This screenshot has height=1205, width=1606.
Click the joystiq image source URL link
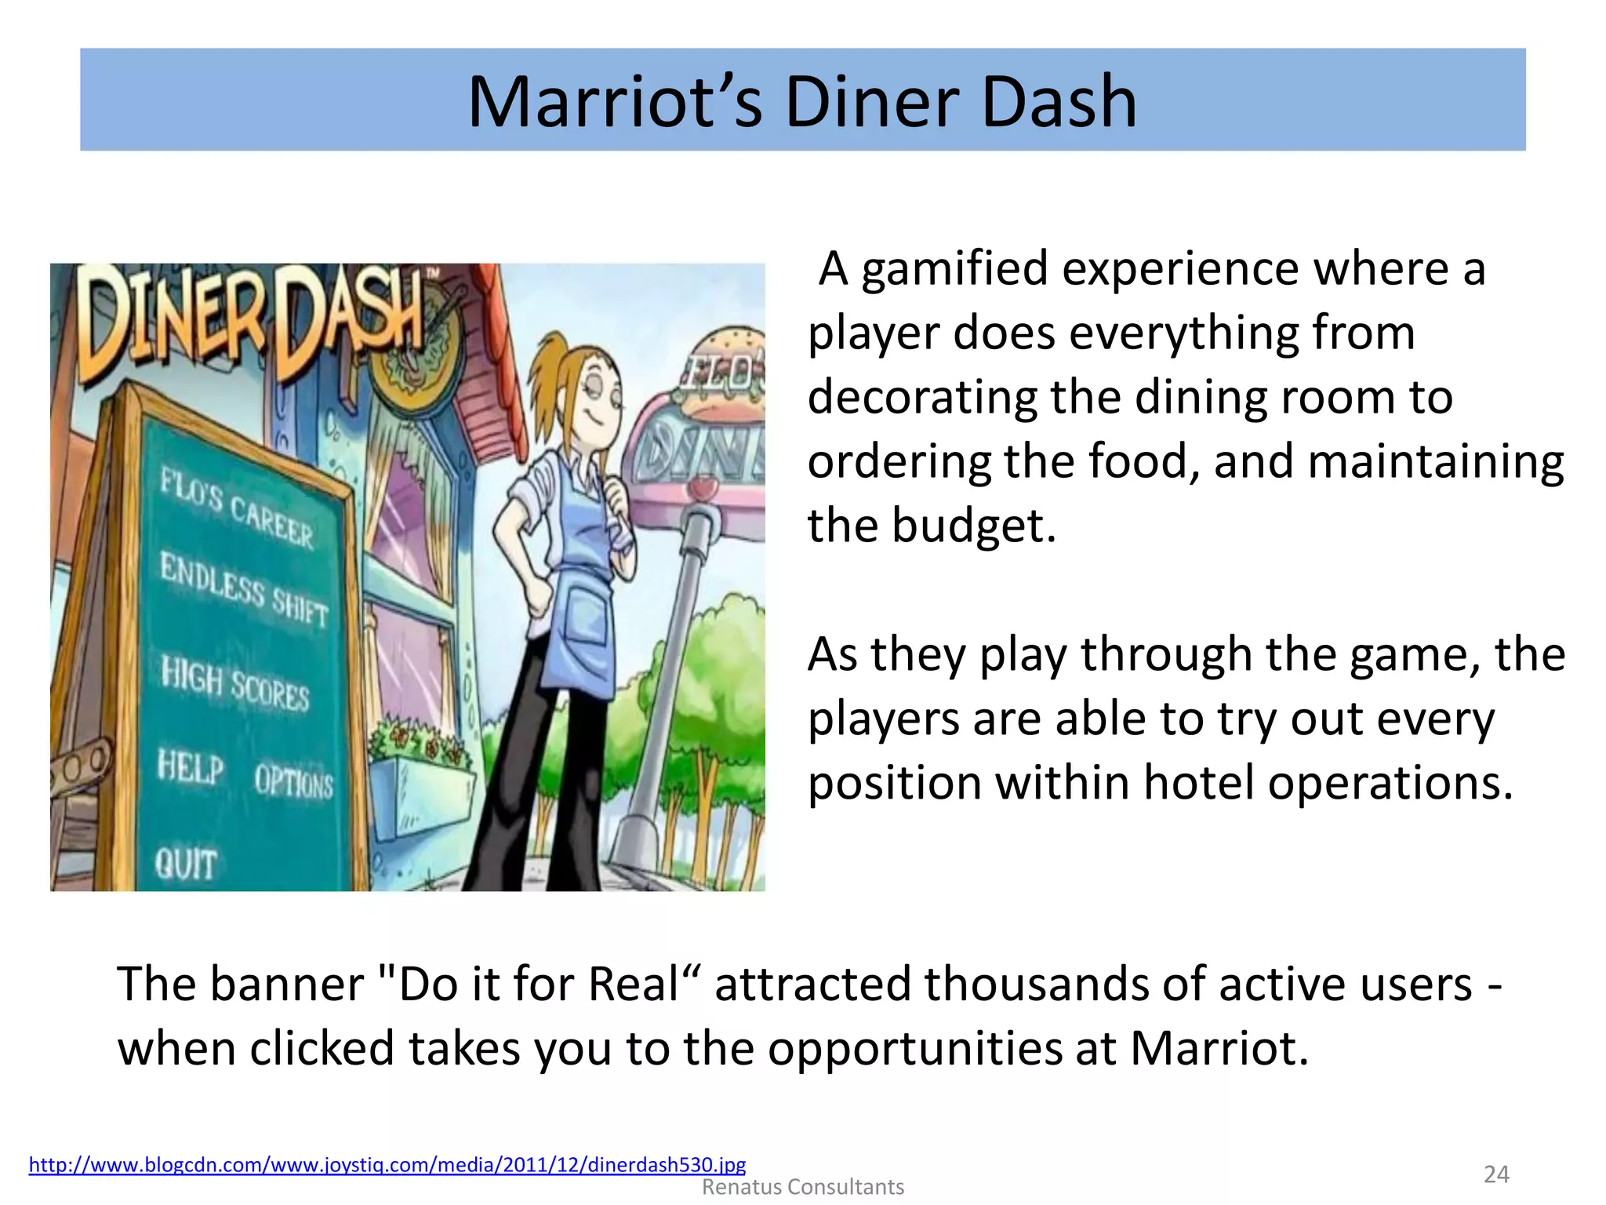coord(387,1164)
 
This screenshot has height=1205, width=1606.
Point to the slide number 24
coord(1496,1174)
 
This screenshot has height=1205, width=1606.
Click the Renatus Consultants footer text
coord(802,1187)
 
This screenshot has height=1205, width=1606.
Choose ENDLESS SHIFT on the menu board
coord(244,589)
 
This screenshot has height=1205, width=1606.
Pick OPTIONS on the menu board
coord(293,781)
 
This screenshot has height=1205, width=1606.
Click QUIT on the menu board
coord(185,864)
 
